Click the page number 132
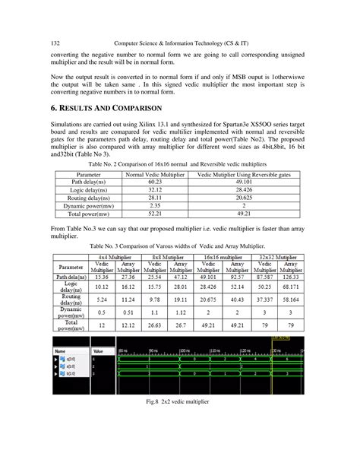55,43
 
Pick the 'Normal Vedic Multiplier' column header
156,174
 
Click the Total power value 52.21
156,214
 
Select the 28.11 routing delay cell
156,198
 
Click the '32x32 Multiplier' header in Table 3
276,258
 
